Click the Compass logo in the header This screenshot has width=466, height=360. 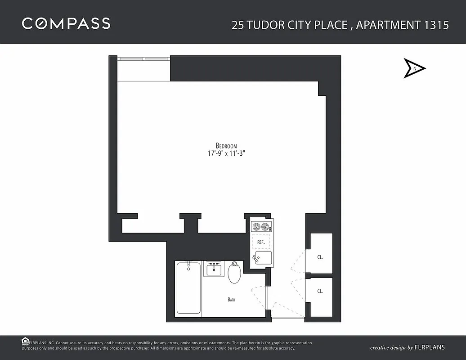66,23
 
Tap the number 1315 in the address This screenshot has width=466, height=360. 436,25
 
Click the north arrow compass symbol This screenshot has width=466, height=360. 414,68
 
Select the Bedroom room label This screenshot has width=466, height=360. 226,145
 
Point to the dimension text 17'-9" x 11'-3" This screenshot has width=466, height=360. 226,153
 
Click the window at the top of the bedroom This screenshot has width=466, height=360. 143,59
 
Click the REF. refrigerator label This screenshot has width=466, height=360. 260,242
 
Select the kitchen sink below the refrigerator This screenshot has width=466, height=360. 261,258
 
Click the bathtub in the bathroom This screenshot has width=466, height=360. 188,288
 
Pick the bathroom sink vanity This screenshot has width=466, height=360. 213,269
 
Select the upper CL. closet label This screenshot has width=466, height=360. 320,258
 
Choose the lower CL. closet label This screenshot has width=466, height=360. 320,291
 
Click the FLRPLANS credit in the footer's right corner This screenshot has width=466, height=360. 430,347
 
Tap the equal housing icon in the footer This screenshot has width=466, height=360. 26,341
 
